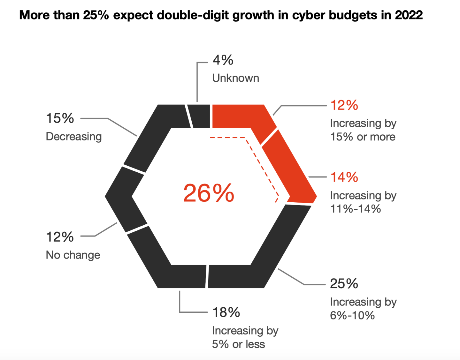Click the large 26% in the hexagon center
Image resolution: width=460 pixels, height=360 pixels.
pyautogui.click(x=209, y=193)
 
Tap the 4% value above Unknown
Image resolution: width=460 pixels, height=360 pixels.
pyautogui.click(x=223, y=60)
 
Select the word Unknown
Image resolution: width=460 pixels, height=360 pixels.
pyautogui.click(x=235, y=78)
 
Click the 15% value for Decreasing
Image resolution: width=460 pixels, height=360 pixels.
pyautogui.click(x=60, y=118)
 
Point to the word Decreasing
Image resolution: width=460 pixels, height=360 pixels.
pyautogui.click(x=74, y=137)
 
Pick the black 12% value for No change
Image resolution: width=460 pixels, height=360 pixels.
pyautogui.click(x=60, y=237)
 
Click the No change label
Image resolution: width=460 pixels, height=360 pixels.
pyautogui.click(x=73, y=255)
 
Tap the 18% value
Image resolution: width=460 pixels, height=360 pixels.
pyautogui.click(x=226, y=312)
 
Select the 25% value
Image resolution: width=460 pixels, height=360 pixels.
pyautogui.click(x=344, y=284)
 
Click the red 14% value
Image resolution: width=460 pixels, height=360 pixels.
pyautogui.click(x=344, y=177)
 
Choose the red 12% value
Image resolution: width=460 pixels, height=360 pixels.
pyautogui.click(x=344, y=105)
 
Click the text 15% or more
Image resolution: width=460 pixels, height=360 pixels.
pyautogui.click(x=363, y=137)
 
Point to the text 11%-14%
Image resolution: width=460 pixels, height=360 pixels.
pyautogui.click(x=355, y=209)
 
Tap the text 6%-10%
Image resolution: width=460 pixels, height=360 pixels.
pyautogui.click(x=352, y=316)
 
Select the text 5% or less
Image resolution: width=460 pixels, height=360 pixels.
pyautogui.click(x=238, y=344)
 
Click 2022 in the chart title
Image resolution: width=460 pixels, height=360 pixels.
pyautogui.click(x=409, y=15)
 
